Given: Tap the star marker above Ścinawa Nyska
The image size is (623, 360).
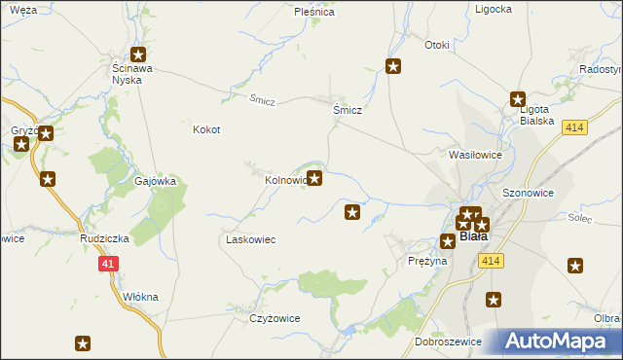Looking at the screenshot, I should pyautogui.click(x=139, y=55).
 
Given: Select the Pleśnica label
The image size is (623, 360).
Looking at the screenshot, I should pyautogui.click(x=314, y=13).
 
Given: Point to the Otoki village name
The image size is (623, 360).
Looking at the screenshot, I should pyautogui.click(x=437, y=45).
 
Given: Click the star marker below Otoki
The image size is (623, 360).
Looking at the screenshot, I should pyautogui.click(x=393, y=66).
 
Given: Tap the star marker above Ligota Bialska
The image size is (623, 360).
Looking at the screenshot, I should pyautogui.click(x=519, y=97).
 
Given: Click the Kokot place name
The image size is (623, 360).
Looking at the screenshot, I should pyautogui.click(x=206, y=129).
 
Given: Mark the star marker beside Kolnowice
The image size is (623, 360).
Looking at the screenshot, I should pyautogui.click(x=314, y=178).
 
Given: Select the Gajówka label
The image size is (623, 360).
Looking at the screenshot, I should pyautogui.click(x=155, y=181).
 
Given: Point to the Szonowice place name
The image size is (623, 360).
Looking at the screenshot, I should pyautogui.click(x=528, y=193).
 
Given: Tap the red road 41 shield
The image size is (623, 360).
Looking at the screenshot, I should pyautogui.click(x=108, y=263).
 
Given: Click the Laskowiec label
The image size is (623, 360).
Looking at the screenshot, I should pyautogui.click(x=251, y=239).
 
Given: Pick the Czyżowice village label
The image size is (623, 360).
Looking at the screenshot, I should pyautogui.click(x=275, y=318).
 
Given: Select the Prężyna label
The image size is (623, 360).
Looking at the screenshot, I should pyautogui.click(x=427, y=261).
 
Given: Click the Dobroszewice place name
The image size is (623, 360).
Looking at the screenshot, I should pyautogui.click(x=449, y=342).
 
